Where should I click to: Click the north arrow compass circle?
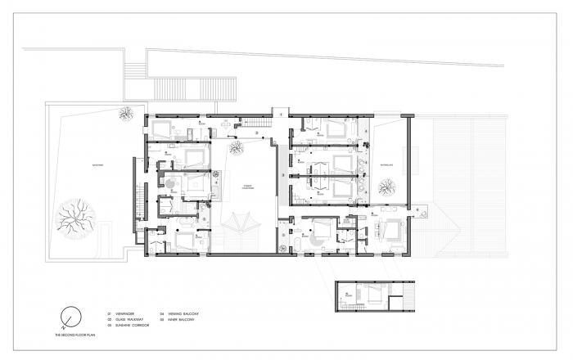tap(71, 316)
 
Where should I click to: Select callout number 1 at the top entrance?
tap(275, 112)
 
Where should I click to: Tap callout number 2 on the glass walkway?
tap(256, 133)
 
